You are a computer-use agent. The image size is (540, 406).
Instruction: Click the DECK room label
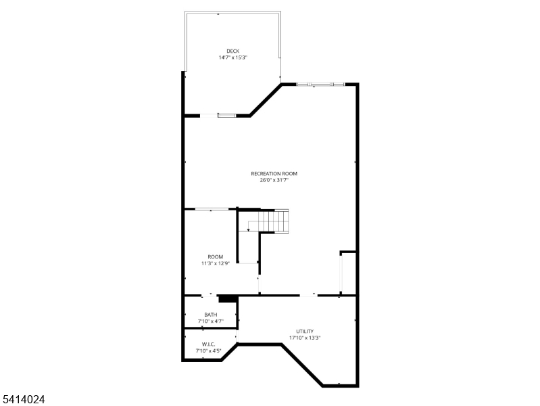pyautogui.click(x=232, y=51)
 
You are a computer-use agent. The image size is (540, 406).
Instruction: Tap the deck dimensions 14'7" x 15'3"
pyautogui.click(x=232, y=58)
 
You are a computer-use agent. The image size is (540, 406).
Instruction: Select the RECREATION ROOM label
pyautogui.click(x=274, y=173)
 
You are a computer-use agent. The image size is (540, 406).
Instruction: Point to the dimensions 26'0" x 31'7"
pyautogui.click(x=274, y=180)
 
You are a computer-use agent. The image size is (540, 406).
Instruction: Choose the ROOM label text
pyautogui.click(x=215, y=256)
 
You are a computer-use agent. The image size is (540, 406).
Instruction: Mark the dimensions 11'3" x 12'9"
pyautogui.click(x=215, y=263)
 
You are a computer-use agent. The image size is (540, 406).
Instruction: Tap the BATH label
pyautogui.click(x=211, y=314)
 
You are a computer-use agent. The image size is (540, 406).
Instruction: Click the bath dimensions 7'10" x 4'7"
pyautogui.click(x=211, y=321)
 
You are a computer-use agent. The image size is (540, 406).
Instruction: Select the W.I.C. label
pyautogui.click(x=208, y=344)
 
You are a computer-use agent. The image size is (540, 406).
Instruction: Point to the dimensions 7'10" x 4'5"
pyautogui.click(x=208, y=351)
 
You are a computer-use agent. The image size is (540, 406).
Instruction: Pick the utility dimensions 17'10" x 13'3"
pyautogui.click(x=305, y=338)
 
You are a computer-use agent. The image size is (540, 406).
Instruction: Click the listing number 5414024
pyautogui.click(x=24, y=400)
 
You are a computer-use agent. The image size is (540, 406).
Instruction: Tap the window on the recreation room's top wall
pyautogui.click(x=320, y=84)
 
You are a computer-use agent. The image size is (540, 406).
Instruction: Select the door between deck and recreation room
pyautogui.click(x=226, y=116)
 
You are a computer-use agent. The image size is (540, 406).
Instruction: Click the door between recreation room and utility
pyautogui.click(x=308, y=295)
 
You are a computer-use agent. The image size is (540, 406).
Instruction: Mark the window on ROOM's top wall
pyautogui.click(x=211, y=209)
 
